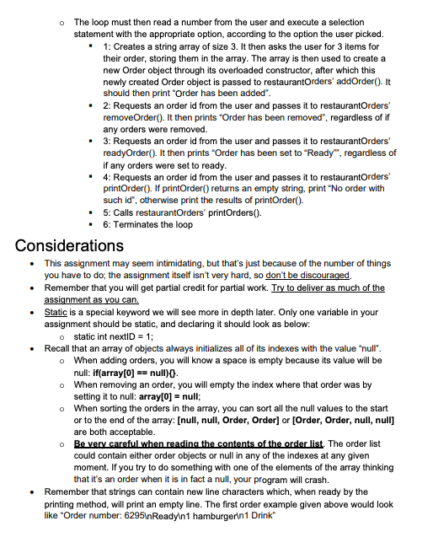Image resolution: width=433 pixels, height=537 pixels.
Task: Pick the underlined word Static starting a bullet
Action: tap(55, 312)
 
